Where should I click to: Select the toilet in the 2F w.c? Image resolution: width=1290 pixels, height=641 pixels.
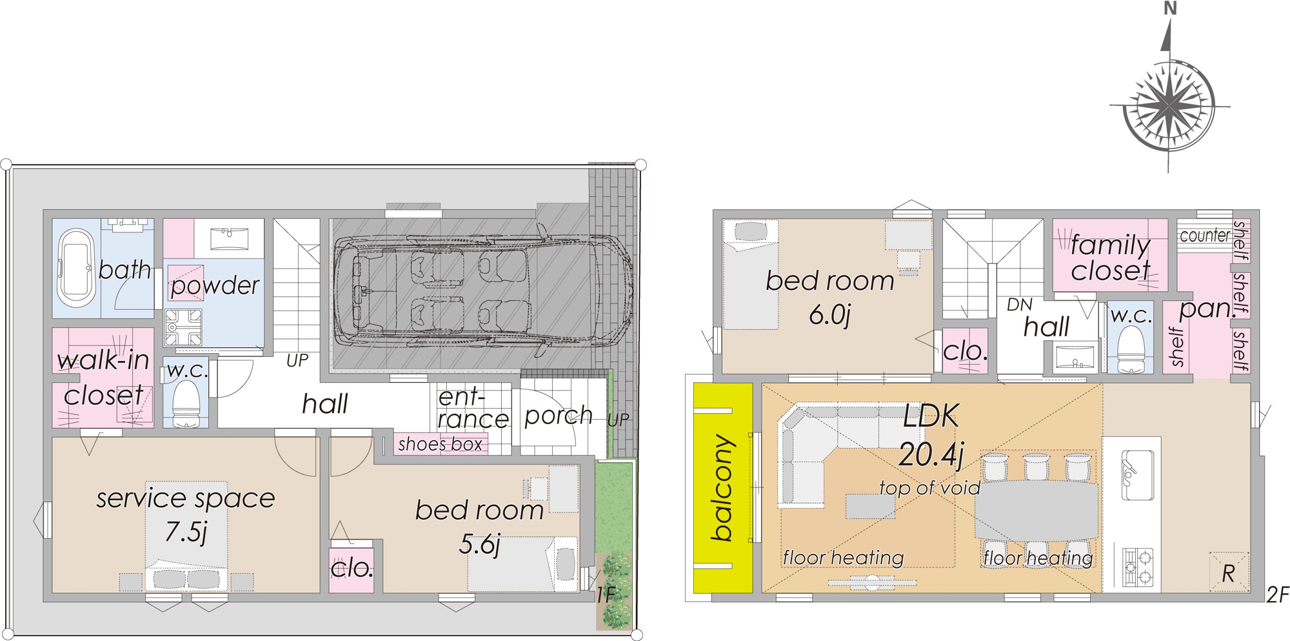pyautogui.click(x=1130, y=349)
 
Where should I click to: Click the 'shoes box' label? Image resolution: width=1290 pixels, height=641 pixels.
pyautogui.click(x=440, y=444)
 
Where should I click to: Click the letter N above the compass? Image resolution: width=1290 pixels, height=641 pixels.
pyautogui.click(x=1170, y=8)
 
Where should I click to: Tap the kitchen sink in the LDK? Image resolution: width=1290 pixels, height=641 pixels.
pyautogui.click(x=1137, y=475)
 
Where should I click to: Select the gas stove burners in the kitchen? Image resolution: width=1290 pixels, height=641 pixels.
pyautogui.click(x=1138, y=567)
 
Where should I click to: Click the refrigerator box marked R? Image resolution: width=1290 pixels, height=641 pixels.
pyautogui.click(x=1229, y=572)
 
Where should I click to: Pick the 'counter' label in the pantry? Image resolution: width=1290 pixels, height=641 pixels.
pyautogui.click(x=1205, y=236)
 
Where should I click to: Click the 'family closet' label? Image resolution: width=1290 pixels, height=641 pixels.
pyautogui.click(x=1110, y=258)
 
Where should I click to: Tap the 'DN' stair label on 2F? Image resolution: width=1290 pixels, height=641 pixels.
pyautogui.click(x=1020, y=305)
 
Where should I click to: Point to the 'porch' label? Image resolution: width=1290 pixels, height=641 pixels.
pyautogui.click(x=559, y=416)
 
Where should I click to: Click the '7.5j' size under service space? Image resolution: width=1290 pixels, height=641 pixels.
pyautogui.click(x=186, y=532)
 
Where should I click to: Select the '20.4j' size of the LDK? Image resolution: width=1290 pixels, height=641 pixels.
pyautogui.click(x=931, y=454)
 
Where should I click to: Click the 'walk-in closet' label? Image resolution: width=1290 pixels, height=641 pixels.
pyautogui.click(x=103, y=378)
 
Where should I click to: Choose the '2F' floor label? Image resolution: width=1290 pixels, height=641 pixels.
pyautogui.click(x=1277, y=595)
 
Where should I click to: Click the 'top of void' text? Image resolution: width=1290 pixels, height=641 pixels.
pyautogui.click(x=929, y=487)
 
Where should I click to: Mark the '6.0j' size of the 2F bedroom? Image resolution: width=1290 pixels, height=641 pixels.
pyautogui.click(x=830, y=314)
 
